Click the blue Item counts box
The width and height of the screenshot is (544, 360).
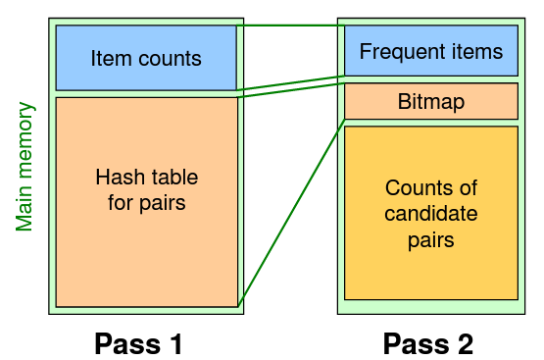point(146,59)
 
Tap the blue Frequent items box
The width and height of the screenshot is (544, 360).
point(430,52)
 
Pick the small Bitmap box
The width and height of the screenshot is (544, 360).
point(430,101)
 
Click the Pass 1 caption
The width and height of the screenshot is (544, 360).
point(138,343)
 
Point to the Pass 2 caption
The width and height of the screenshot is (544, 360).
point(428,343)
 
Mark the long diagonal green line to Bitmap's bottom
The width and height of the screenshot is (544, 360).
point(291,212)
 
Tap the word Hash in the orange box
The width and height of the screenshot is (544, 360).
point(117,178)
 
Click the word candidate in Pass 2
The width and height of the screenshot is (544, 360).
point(430,213)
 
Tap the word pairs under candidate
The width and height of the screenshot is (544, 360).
point(430,238)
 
